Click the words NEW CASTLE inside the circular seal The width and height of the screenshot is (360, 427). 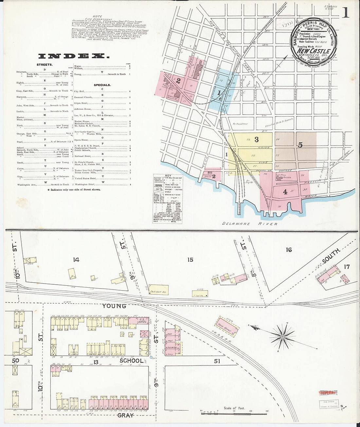(313, 51)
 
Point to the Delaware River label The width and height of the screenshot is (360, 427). (250, 224)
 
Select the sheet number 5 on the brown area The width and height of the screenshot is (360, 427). (300, 145)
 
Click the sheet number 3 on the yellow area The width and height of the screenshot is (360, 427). (257, 140)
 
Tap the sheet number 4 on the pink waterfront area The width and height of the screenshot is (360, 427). (285, 192)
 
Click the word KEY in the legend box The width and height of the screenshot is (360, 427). (168, 176)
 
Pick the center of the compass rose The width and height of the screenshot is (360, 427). (282, 337)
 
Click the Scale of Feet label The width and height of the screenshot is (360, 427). (234, 408)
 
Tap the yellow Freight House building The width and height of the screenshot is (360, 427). (159, 291)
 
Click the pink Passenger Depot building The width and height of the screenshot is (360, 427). (226, 326)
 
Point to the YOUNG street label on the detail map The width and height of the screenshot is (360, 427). (114, 306)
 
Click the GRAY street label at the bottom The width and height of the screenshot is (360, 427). (125, 415)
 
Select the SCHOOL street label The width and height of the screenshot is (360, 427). (131, 361)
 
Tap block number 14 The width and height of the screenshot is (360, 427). (76, 260)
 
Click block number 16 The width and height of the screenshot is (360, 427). (288, 250)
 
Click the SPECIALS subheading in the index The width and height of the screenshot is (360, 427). (102, 85)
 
